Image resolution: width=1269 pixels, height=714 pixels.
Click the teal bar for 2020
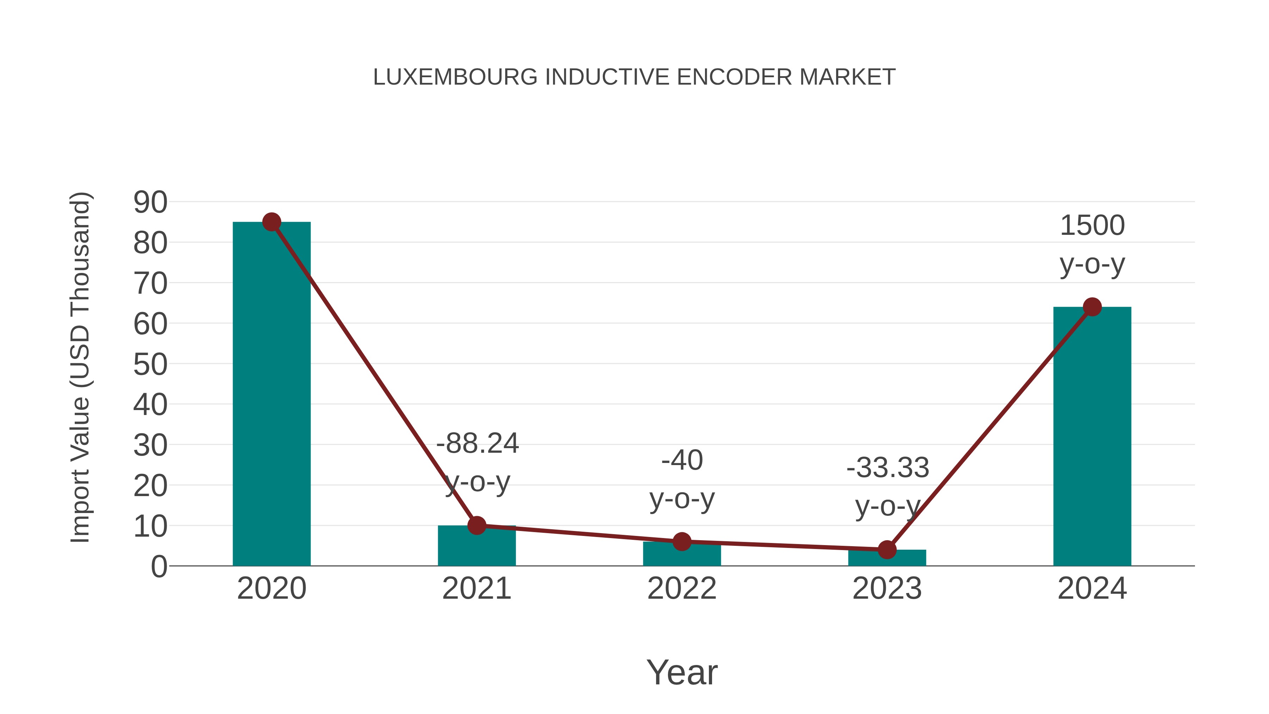(271, 394)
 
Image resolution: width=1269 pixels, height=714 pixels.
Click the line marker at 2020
(271, 222)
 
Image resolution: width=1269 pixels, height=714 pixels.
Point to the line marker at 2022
(682, 542)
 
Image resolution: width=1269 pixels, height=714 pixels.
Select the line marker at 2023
(887, 549)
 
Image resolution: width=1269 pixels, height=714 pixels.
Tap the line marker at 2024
(1092, 307)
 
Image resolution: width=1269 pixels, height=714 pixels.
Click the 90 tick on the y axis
(150, 202)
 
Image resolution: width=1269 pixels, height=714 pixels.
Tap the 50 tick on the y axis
(150, 365)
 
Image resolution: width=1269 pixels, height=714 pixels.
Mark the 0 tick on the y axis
(159, 566)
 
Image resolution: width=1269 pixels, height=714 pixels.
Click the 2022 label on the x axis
(682, 588)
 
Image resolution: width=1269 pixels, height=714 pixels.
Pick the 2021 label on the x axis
(476, 588)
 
